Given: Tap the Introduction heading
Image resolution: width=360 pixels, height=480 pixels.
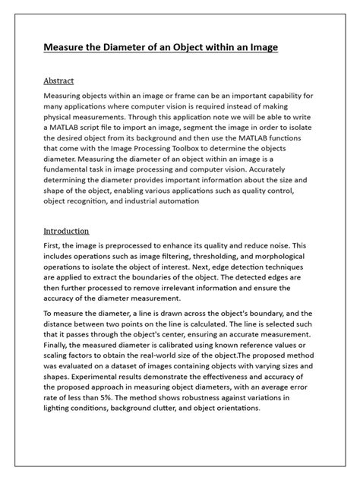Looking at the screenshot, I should pyautogui.click(x=66, y=231).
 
